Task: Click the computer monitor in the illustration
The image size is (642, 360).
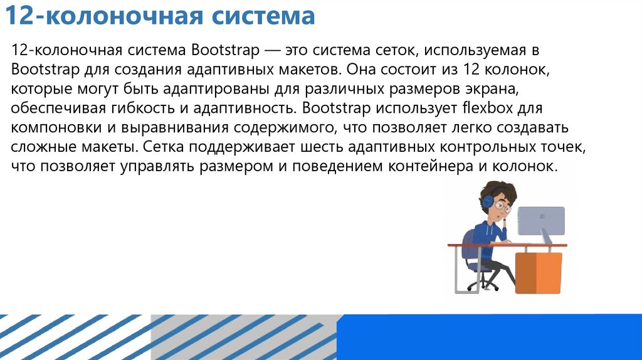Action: tap(540, 221)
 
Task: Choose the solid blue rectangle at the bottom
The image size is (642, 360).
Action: tap(489, 337)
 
